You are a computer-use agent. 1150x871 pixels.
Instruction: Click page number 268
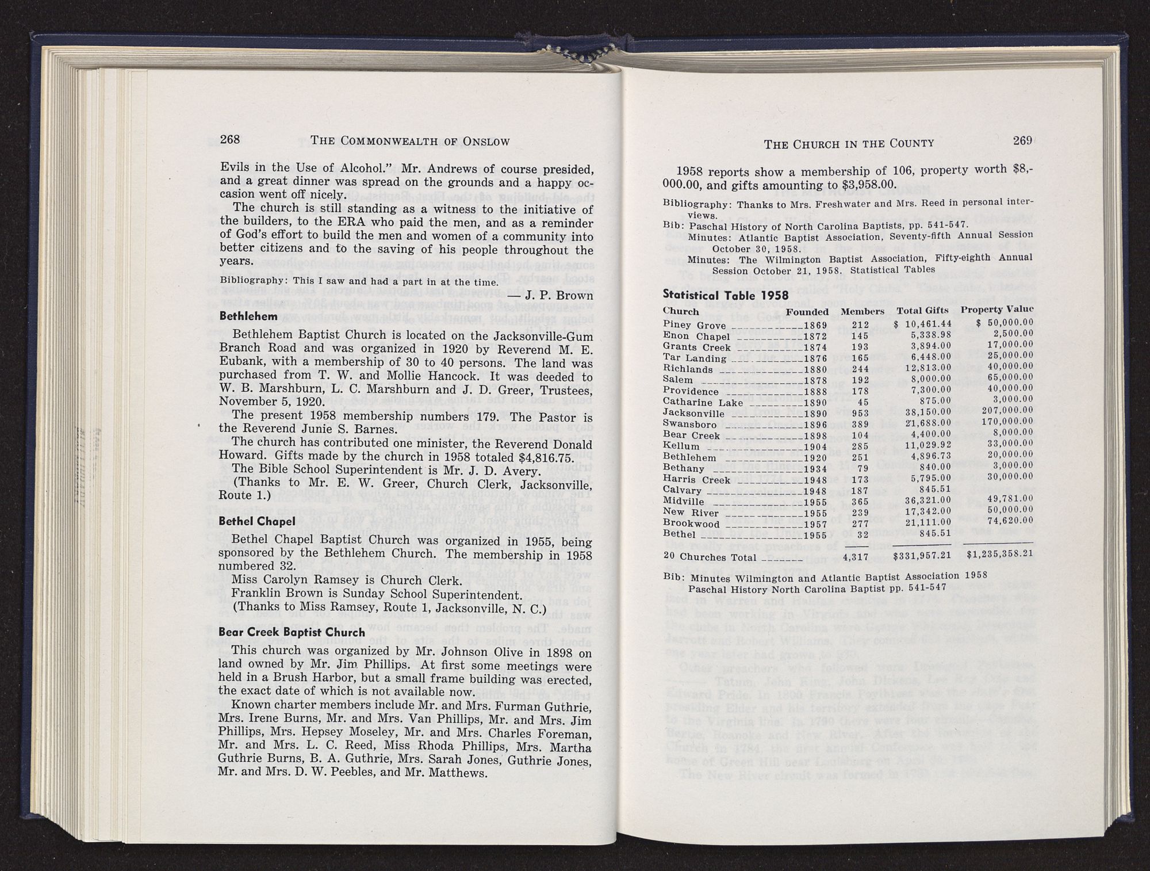point(230,140)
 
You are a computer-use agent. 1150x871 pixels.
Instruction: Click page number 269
point(1022,142)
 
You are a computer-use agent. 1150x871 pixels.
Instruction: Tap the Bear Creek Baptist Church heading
point(292,632)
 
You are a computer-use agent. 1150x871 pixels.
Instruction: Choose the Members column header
point(862,311)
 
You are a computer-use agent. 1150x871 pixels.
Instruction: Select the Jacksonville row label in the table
point(693,413)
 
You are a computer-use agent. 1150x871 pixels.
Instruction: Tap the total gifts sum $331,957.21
point(921,556)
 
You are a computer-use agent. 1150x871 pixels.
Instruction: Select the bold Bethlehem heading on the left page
point(243,316)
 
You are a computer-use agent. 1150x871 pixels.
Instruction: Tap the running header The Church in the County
point(849,143)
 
